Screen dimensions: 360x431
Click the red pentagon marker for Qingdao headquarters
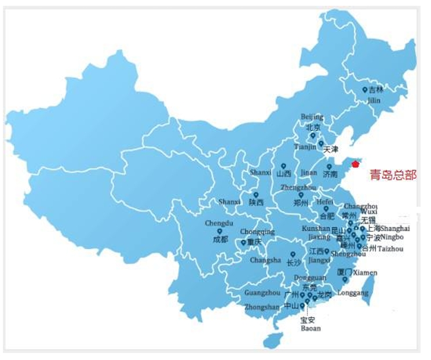point(355,165)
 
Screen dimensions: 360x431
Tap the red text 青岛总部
point(393,174)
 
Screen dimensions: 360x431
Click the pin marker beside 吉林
point(364,90)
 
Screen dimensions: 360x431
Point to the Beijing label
point(312,117)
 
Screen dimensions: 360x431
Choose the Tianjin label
point(305,147)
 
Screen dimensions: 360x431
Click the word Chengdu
point(218,223)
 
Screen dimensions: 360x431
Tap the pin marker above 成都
point(220,231)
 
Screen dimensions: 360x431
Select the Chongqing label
point(257,232)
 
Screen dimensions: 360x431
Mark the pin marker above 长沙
point(293,254)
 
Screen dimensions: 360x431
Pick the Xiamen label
point(366,272)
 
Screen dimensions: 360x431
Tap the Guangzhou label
point(262,293)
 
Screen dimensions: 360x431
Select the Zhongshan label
point(262,307)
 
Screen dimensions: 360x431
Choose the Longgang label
point(352,293)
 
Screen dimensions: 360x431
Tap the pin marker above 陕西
point(255,195)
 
